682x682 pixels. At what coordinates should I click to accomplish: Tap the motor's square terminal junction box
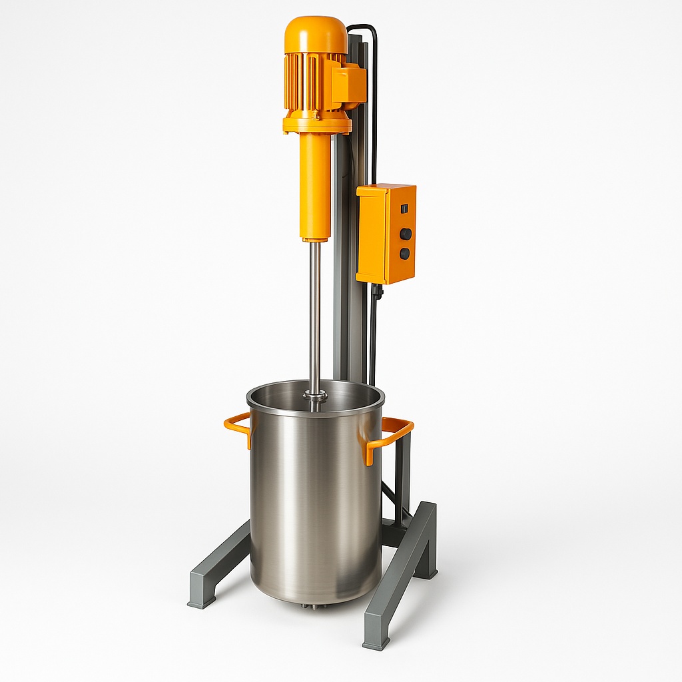point(350,84)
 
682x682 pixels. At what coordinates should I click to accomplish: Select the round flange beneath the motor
point(317,125)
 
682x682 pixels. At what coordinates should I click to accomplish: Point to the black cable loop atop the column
point(365,29)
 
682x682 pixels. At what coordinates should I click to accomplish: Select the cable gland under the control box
point(377,291)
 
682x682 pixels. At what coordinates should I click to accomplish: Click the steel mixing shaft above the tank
point(315,313)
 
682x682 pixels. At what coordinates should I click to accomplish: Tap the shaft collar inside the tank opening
point(315,396)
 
